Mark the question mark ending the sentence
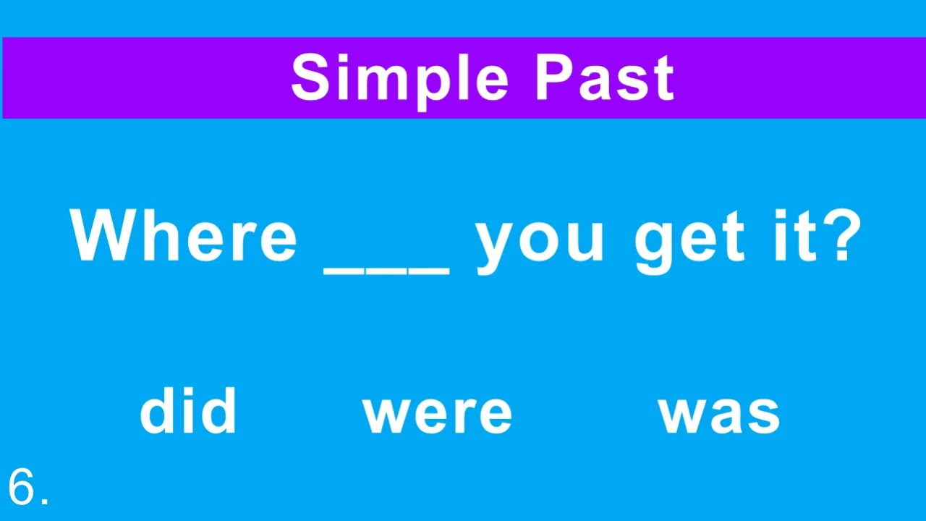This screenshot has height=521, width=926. click(841, 236)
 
